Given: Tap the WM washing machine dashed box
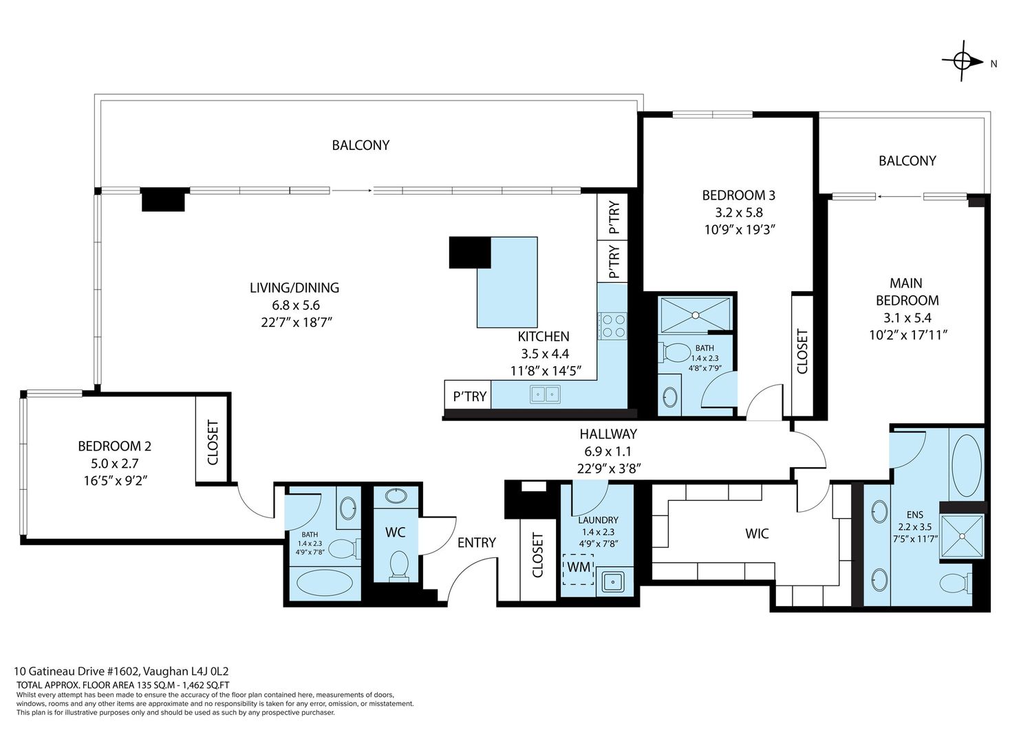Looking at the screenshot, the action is pyautogui.click(x=578, y=570).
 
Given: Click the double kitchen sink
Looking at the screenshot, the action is pyautogui.click(x=545, y=394).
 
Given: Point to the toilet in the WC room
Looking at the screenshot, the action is pyautogui.click(x=399, y=566).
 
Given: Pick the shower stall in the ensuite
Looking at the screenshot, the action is pyautogui.click(x=962, y=536).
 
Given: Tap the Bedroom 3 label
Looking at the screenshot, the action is pyautogui.click(x=738, y=195).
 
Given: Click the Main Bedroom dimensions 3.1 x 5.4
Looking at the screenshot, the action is pyautogui.click(x=907, y=318).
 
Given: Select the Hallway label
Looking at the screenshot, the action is pyautogui.click(x=608, y=434).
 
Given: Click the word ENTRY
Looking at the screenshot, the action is pyautogui.click(x=476, y=543).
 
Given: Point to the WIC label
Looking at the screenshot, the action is pyautogui.click(x=757, y=534).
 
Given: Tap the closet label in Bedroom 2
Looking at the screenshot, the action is pyautogui.click(x=213, y=442).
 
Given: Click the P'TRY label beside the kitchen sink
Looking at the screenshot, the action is pyautogui.click(x=469, y=396).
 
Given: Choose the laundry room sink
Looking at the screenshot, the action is pyautogui.click(x=614, y=582).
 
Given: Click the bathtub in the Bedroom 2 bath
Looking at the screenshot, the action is pyautogui.click(x=324, y=583).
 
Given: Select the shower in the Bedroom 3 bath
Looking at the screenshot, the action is pyautogui.click(x=695, y=315).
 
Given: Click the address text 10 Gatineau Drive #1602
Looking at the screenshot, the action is pyautogui.click(x=77, y=671).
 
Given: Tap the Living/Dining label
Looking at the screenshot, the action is pyautogui.click(x=294, y=288).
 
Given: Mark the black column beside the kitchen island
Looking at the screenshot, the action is pyautogui.click(x=469, y=252).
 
